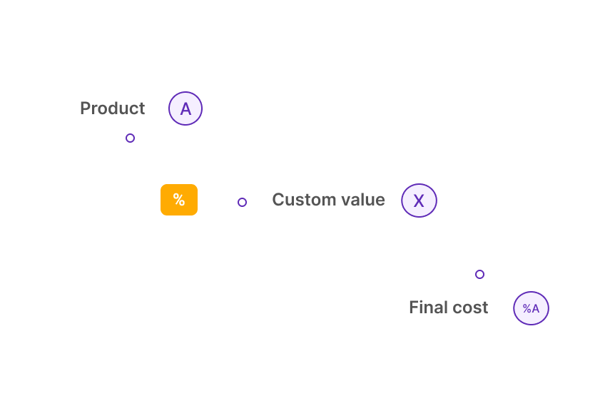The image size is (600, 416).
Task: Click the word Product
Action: click(113, 108)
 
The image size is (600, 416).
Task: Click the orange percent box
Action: click(179, 200)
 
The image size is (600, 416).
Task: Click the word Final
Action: click(427, 308)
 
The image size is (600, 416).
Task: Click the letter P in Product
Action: click(85, 108)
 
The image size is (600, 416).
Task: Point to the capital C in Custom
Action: click(278, 200)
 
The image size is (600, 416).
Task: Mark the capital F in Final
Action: click(415, 308)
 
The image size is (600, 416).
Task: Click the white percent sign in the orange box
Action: click(179, 199)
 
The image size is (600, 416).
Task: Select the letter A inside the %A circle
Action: click(535, 308)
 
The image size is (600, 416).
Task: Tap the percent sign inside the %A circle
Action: click(527, 308)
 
